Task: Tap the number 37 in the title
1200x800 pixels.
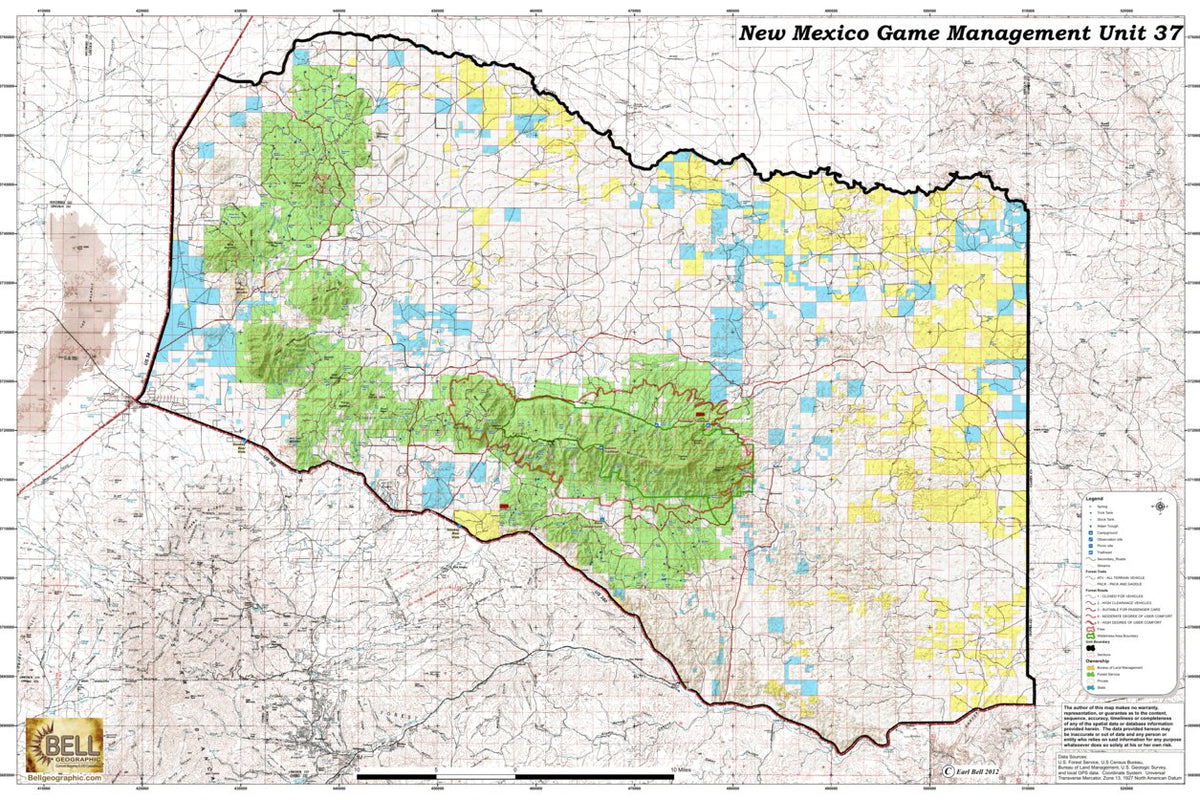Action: (1168, 33)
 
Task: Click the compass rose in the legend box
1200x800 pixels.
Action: (1160, 507)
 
